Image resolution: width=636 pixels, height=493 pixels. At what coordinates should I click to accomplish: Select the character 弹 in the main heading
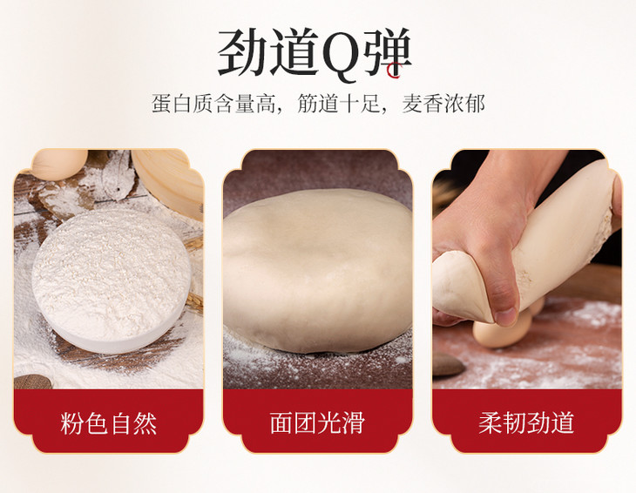coord(387,52)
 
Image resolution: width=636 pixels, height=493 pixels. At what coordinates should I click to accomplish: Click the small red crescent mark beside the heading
coord(393,71)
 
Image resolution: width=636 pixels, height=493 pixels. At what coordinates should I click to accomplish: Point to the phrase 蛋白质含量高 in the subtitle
coord(213,104)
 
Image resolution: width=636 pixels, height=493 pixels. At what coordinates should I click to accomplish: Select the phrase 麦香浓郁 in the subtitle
coord(443,104)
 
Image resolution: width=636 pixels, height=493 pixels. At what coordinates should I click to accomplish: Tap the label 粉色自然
coord(109,423)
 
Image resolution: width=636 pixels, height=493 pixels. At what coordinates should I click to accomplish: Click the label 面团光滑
coord(318,422)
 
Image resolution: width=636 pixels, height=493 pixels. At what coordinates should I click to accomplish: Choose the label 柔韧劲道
coord(526,422)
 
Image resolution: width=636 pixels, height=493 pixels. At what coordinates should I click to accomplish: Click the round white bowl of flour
coord(112,280)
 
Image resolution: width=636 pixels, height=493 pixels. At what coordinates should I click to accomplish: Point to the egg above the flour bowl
coord(59,164)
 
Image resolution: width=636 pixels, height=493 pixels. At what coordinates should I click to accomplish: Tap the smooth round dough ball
coord(317,270)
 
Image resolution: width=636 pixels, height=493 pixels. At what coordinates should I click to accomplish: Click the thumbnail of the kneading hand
coord(526,269)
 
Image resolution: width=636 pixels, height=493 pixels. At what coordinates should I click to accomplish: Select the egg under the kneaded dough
coord(503,329)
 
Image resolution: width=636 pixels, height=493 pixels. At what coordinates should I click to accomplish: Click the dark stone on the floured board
coord(448,364)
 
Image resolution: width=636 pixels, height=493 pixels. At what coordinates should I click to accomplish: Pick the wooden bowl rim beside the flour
coord(169,182)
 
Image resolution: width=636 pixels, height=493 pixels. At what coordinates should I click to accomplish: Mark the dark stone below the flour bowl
coord(32,382)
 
